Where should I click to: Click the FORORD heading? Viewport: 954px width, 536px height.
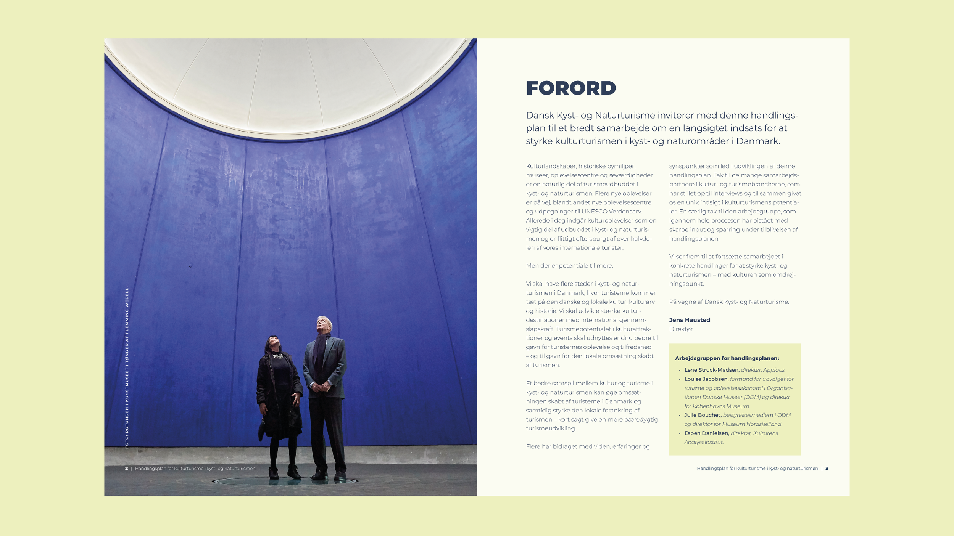570,88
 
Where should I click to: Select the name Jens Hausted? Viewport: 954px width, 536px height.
690,320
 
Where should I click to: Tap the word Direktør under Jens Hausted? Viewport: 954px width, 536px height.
681,329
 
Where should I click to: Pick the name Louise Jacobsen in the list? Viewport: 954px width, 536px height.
706,379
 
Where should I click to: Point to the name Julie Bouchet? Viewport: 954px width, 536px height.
703,415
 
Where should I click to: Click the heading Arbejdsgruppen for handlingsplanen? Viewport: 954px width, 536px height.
727,358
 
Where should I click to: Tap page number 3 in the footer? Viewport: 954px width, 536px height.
827,469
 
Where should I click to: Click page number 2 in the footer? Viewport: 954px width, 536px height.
126,469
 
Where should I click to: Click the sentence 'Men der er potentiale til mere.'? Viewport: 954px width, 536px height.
569,266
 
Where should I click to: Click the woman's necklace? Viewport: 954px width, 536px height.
277,356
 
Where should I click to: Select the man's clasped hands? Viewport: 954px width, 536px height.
321,387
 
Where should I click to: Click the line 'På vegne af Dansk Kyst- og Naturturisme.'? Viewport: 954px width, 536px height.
729,302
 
